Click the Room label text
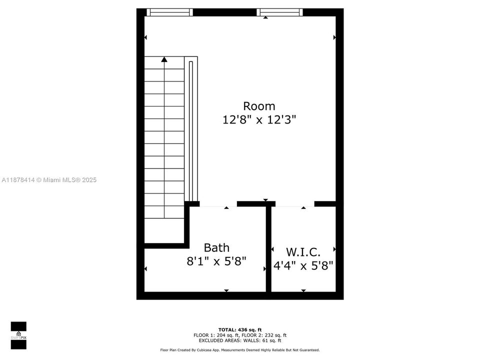pos(259,106)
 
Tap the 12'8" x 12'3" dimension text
pos(259,120)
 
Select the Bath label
pos(216,247)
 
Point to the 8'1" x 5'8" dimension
pos(216,261)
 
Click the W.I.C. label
pos(303,251)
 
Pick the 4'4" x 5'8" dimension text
pos(303,265)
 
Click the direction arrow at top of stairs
pos(164,59)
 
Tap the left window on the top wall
pos(169,12)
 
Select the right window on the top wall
pos(280,12)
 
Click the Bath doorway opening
pos(218,204)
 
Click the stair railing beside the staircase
pos(191,130)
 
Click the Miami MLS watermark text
pos(49,180)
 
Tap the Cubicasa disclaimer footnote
pos(240,350)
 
